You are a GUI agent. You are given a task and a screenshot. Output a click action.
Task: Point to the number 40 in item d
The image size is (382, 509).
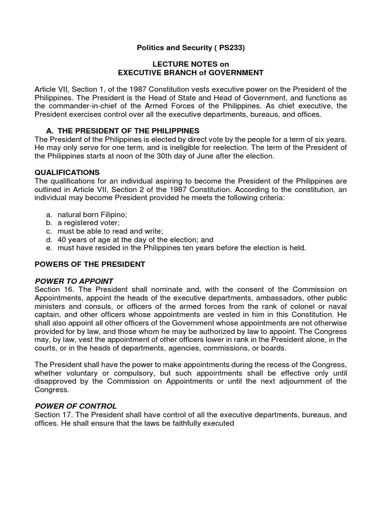[x=62, y=239]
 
